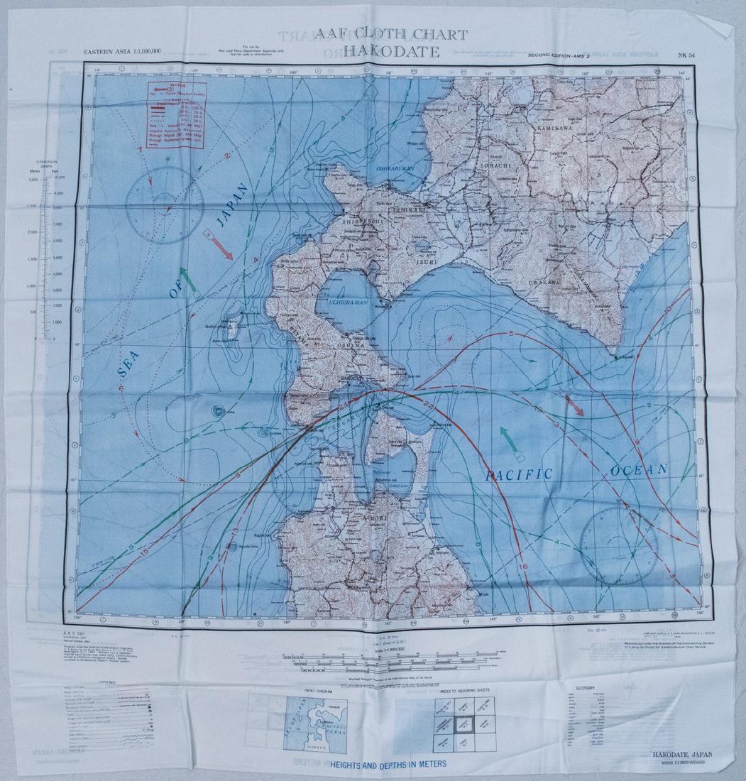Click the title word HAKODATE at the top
390,51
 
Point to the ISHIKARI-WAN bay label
393,169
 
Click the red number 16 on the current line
524,566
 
